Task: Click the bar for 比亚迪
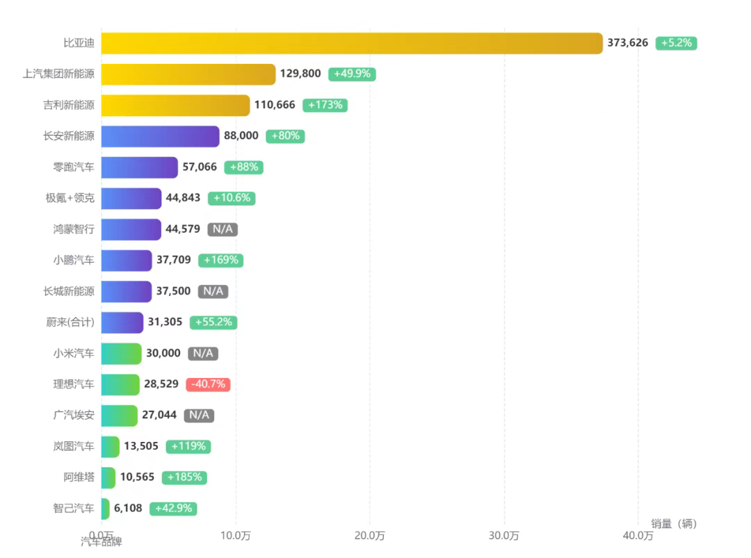[x=351, y=43]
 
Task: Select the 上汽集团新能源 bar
[x=188, y=74]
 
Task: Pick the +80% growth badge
[x=285, y=136]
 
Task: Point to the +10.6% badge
[x=232, y=198]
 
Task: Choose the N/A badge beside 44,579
[x=223, y=229]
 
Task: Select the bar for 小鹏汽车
[x=126, y=261]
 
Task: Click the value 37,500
[x=173, y=291]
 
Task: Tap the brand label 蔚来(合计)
[x=69, y=322]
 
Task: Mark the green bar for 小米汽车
[x=121, y=353]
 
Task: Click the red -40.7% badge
[x=208, y=384]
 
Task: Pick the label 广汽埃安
[x=74, y=415]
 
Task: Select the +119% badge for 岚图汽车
[x=188, y=446]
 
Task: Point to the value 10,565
[x=137, y=477]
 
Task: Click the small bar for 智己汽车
[x=105, y=509]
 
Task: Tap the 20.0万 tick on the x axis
[x=370, y=536]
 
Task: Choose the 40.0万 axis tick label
[x=638, y=536]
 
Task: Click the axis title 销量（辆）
[x=673, y=523]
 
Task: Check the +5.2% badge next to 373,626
[x=676, y=43]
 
